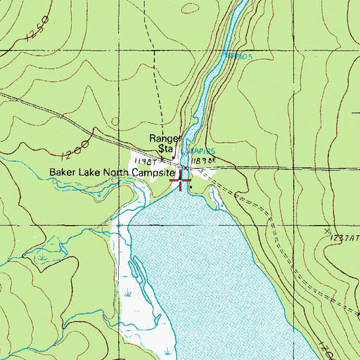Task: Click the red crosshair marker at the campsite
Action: point(181,181)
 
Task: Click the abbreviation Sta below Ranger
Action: point(165,149)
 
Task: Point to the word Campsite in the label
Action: point(153,172)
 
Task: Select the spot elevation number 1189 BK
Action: point(202,162)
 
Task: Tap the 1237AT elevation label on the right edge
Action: point(345,239)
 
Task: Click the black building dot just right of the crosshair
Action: point(190,186)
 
